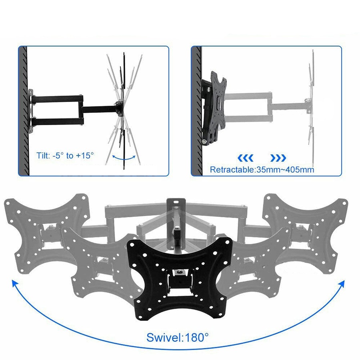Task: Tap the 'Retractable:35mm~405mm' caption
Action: pyautogui.click(x=262, y=170)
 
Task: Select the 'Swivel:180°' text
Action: pyautogui.click(x=177, y=337)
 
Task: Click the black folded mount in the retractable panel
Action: pyautogui.click(x=214, y=108)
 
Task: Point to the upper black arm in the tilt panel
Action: pyautogui.click(x=58, y=98)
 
